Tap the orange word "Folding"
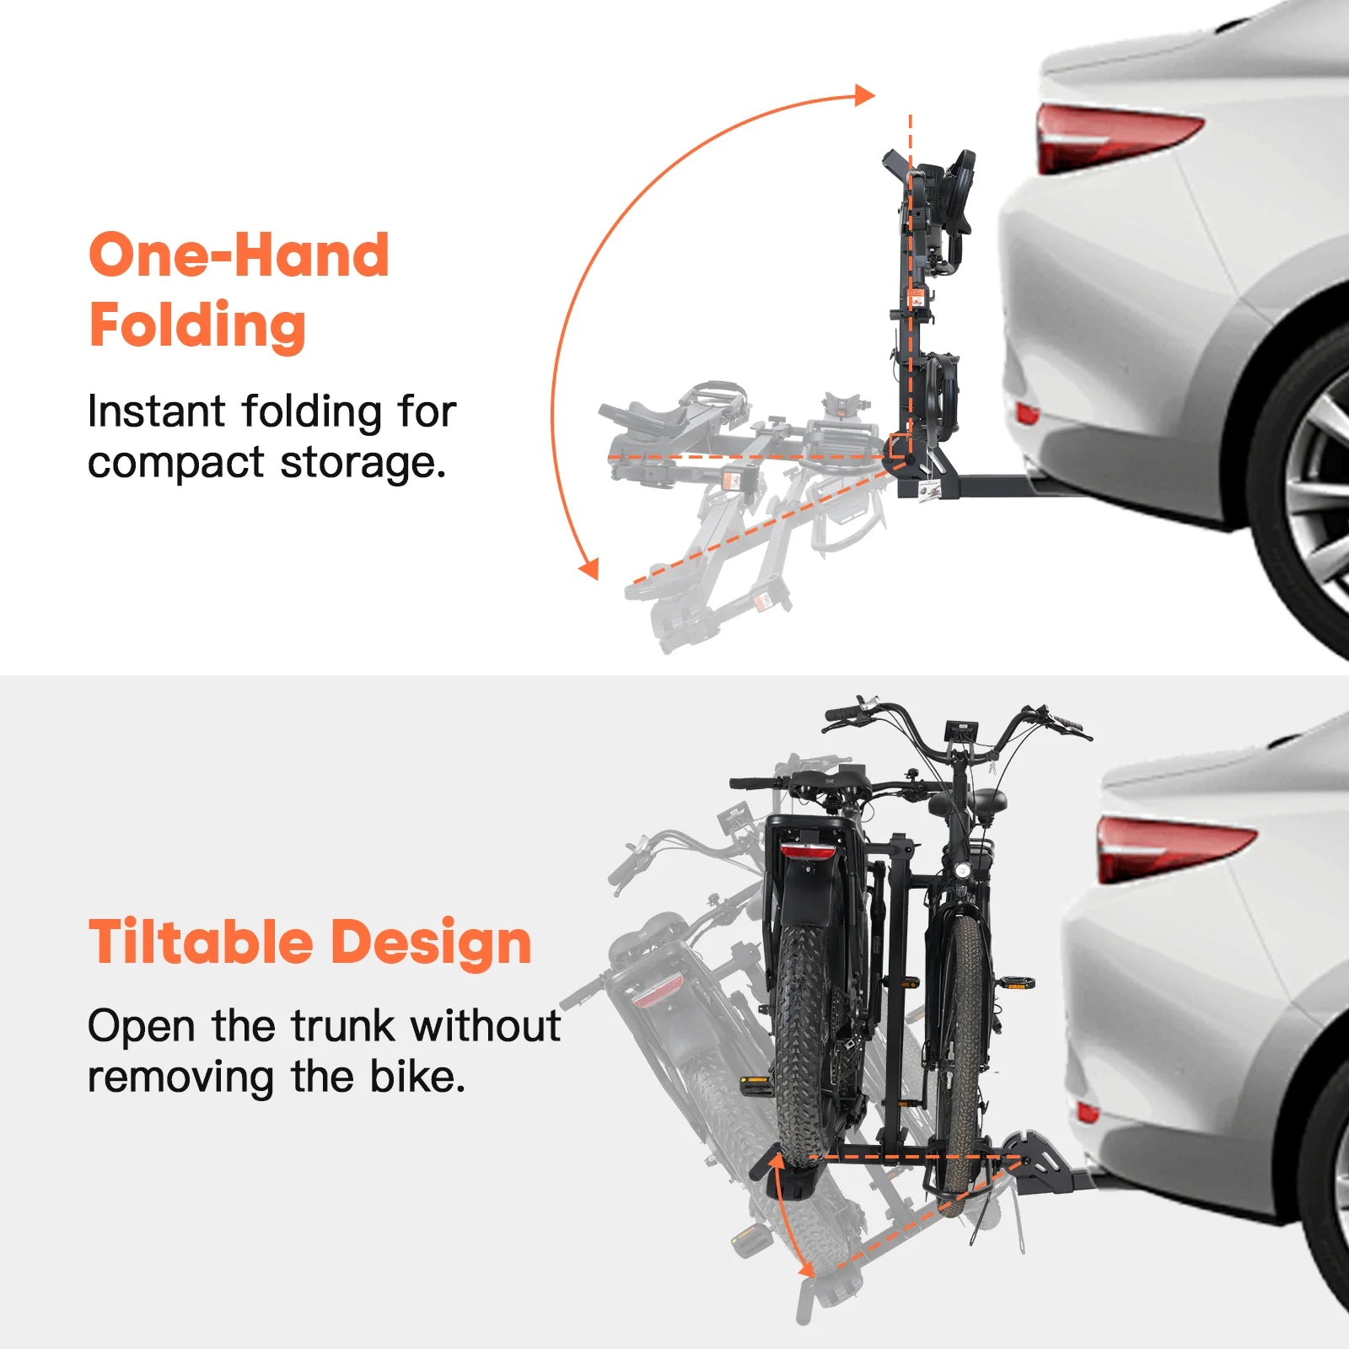[x=197, y=326]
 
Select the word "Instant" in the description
[x=157, y=411]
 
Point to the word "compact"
[x=176, y=463]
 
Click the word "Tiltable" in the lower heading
[x=202, y=942]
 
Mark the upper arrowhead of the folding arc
[x=864, y=94]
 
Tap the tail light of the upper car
[x=1113, y=137]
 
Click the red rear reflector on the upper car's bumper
[x=1027, y=414]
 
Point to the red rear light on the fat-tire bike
[x=808, y=850]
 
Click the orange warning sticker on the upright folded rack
[x=915, y=298]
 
